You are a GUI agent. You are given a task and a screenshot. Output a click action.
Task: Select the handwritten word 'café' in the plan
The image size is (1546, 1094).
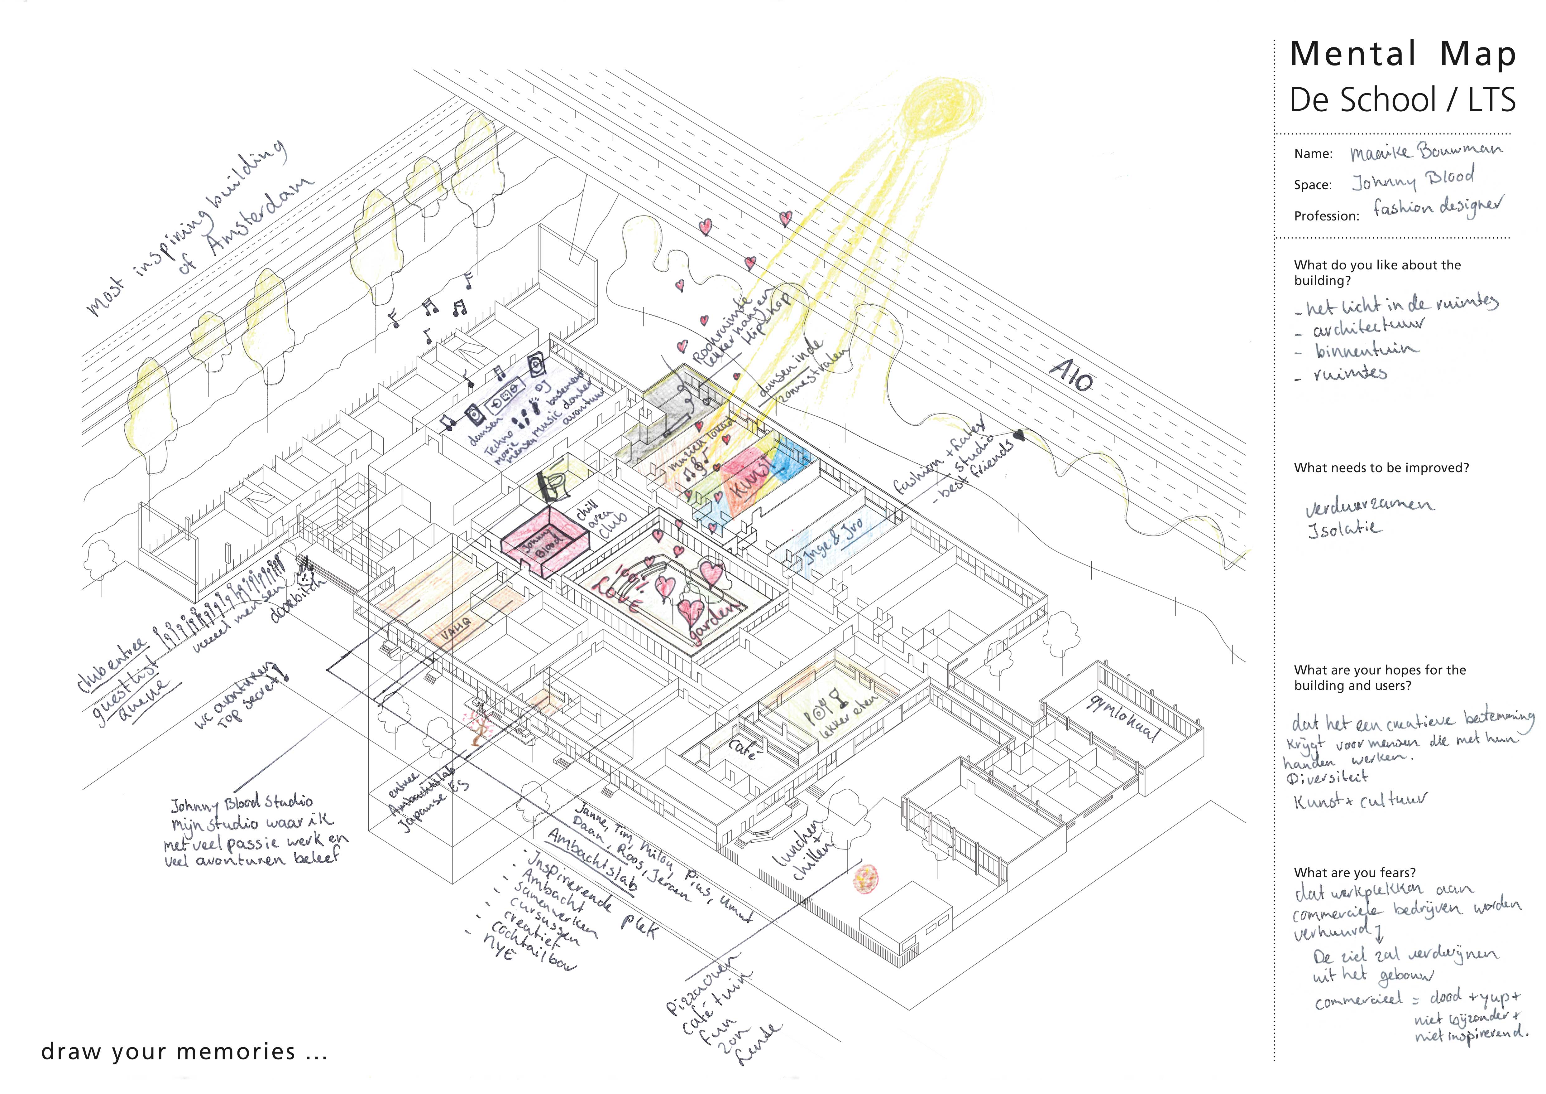click(743, 748)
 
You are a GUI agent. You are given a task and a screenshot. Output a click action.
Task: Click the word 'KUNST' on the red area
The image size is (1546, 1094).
click(752, 476)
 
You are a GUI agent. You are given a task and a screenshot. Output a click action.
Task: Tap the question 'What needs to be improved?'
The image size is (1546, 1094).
click(1381, 467)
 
